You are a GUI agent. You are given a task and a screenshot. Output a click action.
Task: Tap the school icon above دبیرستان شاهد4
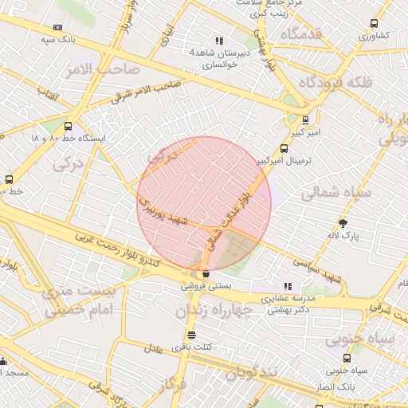pyautogui.click(x=220, y=41)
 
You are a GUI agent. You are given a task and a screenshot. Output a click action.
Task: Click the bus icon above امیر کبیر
pyautogui.click(x=306, y=121)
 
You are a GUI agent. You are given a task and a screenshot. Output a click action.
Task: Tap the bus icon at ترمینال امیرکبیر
pyautogui.click(x=284, y=148)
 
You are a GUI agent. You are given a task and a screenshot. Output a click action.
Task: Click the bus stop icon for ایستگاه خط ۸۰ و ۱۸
pyautogui.click(x=67, y=126)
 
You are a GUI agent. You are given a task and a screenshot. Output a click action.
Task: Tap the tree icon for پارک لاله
pyautogui.click(x=343, y=224)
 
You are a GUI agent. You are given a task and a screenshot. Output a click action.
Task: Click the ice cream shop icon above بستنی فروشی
pyautogui.click(x=206, y=273)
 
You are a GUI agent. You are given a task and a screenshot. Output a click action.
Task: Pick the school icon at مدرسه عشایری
pyautogui.click(x=288, y=286)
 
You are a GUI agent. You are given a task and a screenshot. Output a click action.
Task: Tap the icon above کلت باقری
pyautogui.click(x=191, y=335)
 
